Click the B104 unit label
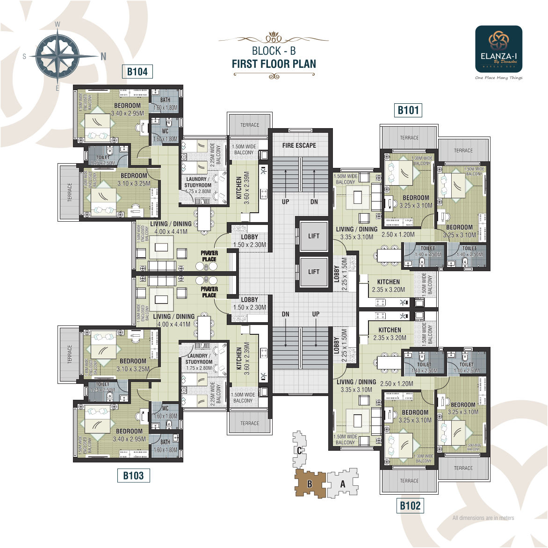point(137,72)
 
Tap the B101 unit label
point(408,110)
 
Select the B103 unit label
point(133,476)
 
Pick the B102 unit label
point(410,505)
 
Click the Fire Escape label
point(299,145)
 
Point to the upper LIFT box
point(313,236)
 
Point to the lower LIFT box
point(313,272)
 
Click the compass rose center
point(57,56)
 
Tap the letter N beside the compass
point(103,56)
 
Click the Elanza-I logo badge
point(498,49)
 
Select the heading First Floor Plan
point(274,64)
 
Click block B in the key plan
point(310,484)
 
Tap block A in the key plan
point(343,484)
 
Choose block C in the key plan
point(299,450)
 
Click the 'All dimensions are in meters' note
point(483,518)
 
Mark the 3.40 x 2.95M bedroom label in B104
point(128,113)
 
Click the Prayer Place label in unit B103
point(209,292)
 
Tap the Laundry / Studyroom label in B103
point(199,359)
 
